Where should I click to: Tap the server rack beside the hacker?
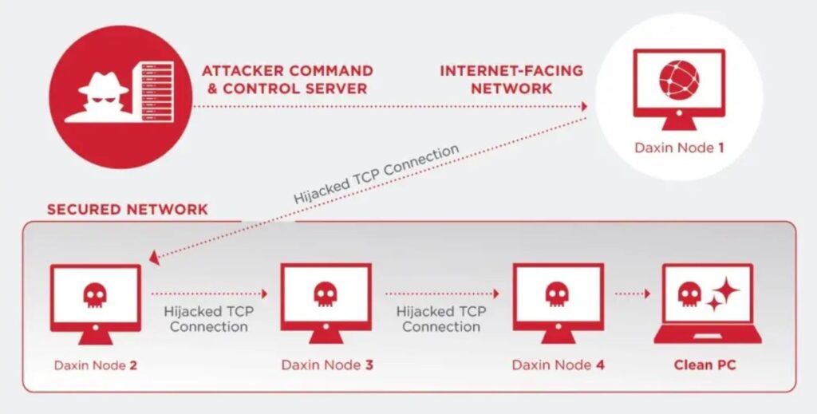pos(157,92)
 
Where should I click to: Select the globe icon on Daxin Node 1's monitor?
pos(679,80)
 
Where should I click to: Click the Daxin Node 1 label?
pos(679,148)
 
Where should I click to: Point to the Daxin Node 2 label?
pos(96,365)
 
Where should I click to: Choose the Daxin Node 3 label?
pos(327,365)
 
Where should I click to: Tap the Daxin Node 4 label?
pos(558,365)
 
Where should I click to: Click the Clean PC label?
pos(705,365)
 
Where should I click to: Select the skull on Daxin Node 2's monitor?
pos(95,295)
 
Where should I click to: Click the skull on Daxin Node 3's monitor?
pos(326,294)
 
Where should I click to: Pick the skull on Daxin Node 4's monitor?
pos(556,294)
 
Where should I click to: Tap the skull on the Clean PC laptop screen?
pos(689,294)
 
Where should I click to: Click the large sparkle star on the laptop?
pos(725,290)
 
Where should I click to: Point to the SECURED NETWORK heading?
pos(127,209)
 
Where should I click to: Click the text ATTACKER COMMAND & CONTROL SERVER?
pos(287,79)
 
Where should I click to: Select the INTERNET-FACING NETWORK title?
pos(511,79)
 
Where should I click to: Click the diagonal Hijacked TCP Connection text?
pos(377,174)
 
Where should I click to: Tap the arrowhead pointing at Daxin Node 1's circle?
pos(585,106)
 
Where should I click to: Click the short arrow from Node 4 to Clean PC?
pos(633,294)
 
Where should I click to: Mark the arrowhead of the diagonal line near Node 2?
pos(154,257)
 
